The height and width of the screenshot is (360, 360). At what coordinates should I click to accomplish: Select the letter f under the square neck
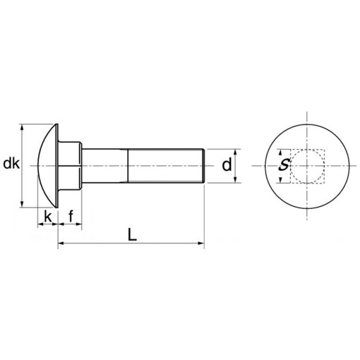click(71, 216)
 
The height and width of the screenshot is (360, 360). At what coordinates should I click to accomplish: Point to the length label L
click(132, 234)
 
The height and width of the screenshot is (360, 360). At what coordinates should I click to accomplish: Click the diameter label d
click(226, 165)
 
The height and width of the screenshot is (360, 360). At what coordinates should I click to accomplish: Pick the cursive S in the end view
click(283, 166)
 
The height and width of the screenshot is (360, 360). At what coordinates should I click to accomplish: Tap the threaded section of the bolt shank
click(166, 166)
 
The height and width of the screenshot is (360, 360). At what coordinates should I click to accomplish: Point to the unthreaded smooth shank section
click(106, 166)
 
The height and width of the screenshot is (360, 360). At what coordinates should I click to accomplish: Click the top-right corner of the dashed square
click(324, 150)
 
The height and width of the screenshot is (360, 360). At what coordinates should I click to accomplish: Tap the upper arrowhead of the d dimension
click(236, 152)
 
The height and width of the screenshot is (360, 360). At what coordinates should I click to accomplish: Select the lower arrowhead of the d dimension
click(236, 181)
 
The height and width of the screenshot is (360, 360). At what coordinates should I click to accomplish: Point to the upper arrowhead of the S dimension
click(283, 152)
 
